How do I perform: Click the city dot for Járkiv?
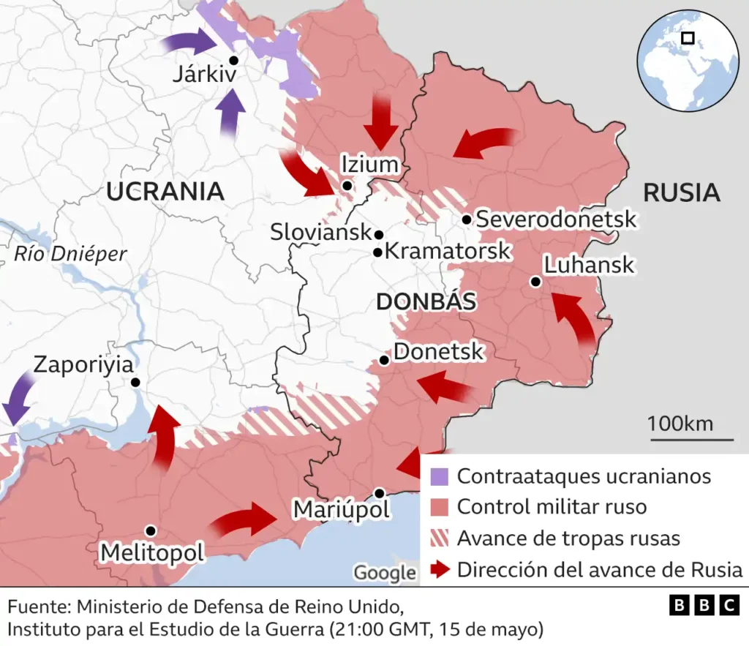(233, 61)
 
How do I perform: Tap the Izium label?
(370, 165)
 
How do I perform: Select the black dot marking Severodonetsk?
(466, 219)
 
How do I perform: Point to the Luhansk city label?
(590, 264)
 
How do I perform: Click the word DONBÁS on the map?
(426, 301)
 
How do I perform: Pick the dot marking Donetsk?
(384, 360)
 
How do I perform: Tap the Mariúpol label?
(342, 508)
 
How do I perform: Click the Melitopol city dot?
(150, 530)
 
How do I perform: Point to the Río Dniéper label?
(70, 254)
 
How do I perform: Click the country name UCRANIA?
(165, 192)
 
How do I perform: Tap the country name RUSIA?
(681, 192)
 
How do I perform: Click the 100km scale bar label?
(680, 424)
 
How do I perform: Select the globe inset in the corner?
(687, 61)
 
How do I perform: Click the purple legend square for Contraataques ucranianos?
(439, 476)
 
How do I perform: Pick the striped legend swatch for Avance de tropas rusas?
(439, 538)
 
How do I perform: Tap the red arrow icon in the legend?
(439, 570)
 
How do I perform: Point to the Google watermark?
(384, 572)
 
